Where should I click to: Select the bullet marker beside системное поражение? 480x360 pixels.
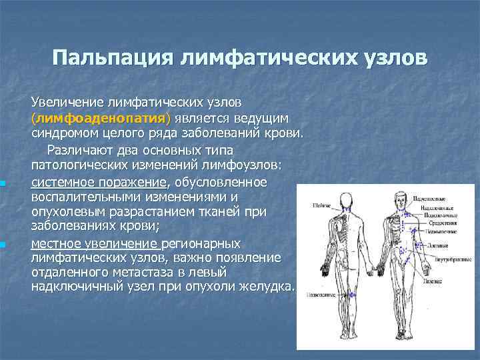coord(3,183)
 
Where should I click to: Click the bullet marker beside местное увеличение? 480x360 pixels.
coord(3,245)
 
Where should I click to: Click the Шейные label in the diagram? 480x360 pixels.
coord(322,206)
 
